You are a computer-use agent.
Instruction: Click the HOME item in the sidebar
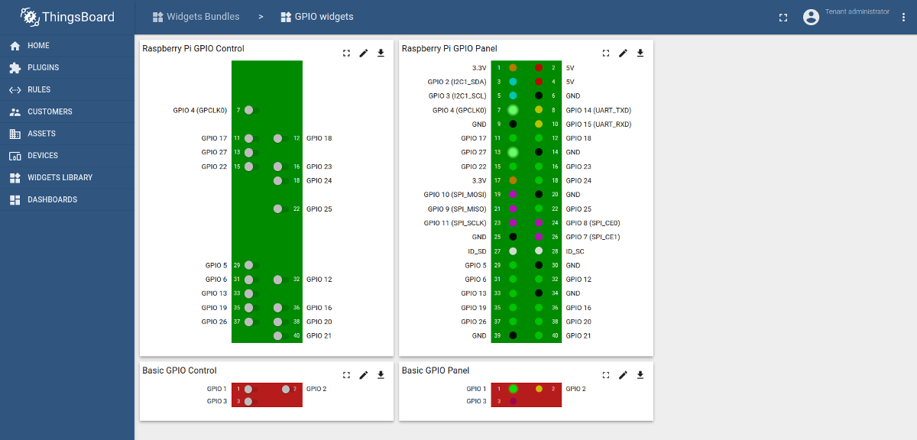click(x=38, y=46)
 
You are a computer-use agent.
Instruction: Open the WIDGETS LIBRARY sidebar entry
click(x=60, y=178)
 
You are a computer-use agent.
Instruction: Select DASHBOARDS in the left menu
click(x=52, y=200)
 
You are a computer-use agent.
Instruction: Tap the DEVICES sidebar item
click(x=43, y=156)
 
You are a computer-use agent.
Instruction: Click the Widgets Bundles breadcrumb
click(x=203, y=17)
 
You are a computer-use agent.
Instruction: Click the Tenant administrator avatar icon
click(x=811, y=17)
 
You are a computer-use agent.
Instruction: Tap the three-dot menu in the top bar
click(x=903, y=17)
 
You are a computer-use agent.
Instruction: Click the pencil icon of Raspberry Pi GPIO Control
click(x=364, y=53)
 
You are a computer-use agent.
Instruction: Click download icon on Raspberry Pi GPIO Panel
click(x=640, y=53)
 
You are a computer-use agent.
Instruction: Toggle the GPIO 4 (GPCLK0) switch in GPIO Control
click(x=251, y=110)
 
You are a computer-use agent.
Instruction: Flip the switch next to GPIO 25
click(x=280, y=209)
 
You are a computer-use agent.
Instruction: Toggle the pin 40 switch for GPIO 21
click(x=280, y=335)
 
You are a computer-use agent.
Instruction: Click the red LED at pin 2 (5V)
click(x=539, y=68)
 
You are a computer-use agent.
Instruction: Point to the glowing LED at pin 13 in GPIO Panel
click(x=513, y=152)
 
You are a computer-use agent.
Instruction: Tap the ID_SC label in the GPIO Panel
click(x=575, y=251)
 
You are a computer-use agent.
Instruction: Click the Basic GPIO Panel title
click(x=436, y=370)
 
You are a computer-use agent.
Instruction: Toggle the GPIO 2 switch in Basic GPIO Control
click(x=287, y=389)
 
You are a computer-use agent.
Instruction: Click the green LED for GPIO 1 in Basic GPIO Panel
click(x=513, y=389)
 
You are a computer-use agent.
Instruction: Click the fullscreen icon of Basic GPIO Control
click(x=346, y=375)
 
